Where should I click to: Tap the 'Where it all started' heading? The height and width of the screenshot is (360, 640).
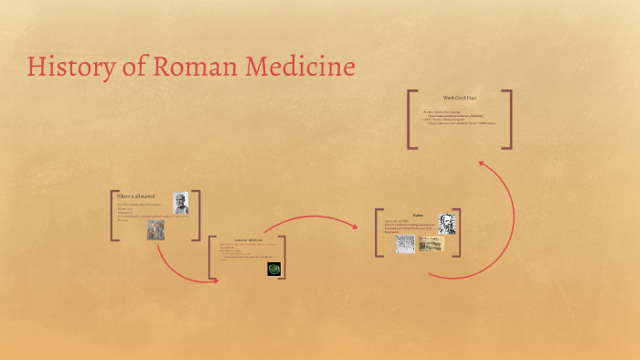click(136, 196)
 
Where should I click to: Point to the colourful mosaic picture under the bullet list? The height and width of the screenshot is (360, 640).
click(156, 229)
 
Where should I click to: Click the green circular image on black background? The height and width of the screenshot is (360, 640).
click(273, 269)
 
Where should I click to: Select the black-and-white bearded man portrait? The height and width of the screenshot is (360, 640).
click(447, 223)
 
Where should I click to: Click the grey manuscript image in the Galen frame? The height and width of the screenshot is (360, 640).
click(405, 244)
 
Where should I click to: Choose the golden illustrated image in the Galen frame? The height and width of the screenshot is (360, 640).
click(431, 243)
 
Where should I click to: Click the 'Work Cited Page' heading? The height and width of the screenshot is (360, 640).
click(459, 98)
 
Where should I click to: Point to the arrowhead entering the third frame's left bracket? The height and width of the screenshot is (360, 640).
click(215, 280)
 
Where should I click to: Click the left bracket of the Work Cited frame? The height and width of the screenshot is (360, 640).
click(411, 118)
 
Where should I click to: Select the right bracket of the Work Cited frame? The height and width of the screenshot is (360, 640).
click(507, 118)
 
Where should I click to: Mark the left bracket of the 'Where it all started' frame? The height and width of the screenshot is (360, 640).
click(113, 216)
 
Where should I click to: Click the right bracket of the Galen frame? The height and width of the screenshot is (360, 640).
click(457, 232)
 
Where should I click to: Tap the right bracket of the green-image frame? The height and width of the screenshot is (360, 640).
click(283, 257)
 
